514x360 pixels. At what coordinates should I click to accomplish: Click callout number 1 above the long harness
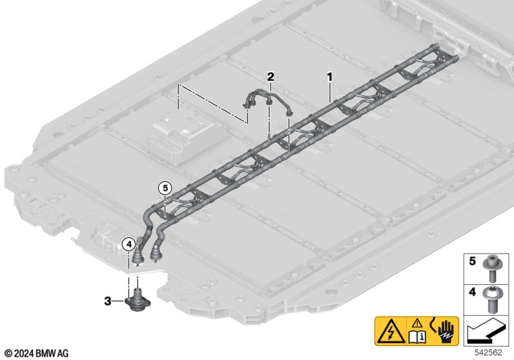(330, 76)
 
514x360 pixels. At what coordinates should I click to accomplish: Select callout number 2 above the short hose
(270, 76)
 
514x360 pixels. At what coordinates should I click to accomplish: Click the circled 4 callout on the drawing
(128, 244)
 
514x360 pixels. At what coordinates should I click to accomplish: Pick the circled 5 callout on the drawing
(164, 188)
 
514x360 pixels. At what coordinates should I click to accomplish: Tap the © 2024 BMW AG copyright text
(36, 353)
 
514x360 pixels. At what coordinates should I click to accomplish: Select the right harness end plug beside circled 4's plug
(157, 252)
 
